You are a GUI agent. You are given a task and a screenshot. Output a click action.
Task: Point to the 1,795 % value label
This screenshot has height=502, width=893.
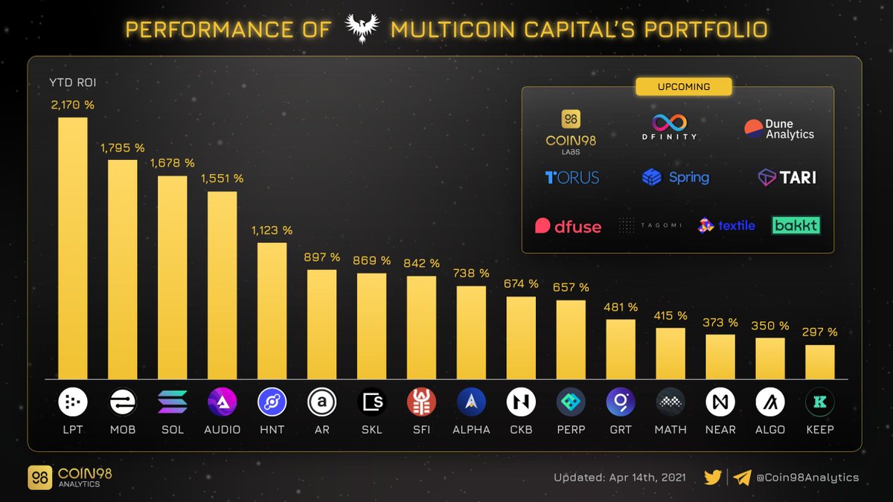click(123, 148)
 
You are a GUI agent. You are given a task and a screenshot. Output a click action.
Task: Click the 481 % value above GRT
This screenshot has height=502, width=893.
click(621, 307)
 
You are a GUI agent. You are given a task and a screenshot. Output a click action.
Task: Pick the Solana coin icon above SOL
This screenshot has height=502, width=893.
click(173, 402)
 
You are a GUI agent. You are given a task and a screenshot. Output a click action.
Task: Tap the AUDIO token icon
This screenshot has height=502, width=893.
click(223, 402)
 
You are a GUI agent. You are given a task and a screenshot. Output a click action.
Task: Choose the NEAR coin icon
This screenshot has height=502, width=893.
click(720, 402)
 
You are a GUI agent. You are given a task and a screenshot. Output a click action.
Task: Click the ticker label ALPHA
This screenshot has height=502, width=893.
click(471, 430)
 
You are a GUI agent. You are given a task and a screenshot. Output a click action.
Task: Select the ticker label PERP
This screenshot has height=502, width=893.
click(571, 430)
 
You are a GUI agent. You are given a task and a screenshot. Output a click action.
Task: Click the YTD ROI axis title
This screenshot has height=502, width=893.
click(72, 83)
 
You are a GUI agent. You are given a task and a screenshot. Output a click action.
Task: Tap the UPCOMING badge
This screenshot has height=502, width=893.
click(683, 87)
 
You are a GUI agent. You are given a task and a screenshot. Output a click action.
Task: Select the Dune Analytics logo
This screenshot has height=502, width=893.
click(779, 129)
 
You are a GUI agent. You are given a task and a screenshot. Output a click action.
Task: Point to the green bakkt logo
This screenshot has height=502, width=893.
click(796, 225)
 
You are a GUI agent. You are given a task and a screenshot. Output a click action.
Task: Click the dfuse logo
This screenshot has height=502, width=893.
click(568, 226)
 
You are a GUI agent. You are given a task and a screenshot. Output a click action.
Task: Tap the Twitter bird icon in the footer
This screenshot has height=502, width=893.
click(713, 477)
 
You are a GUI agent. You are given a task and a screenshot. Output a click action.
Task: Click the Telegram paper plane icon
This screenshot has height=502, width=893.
click(742, 477)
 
